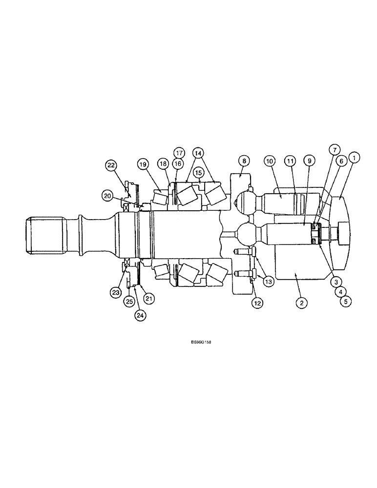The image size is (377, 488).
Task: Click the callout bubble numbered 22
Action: tap(111, 166)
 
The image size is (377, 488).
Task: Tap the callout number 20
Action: tap(107, 196)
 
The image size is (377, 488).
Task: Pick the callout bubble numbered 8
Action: tap(244, 160)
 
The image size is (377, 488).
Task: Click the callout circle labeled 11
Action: tap(291, 160)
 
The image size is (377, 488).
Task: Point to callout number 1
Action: tap(354, 157)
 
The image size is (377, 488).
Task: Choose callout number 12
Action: tap(257, 303)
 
